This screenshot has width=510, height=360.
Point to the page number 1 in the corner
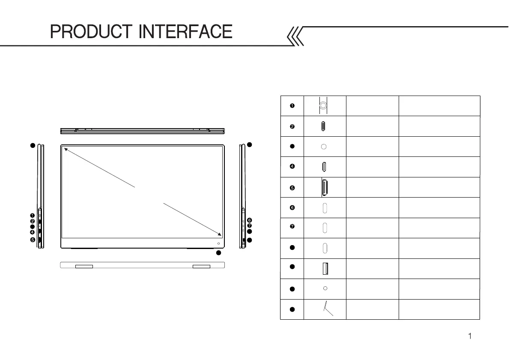point(470,336)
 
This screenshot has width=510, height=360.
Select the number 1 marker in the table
point(292,105)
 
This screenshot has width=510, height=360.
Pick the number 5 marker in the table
point(292,187)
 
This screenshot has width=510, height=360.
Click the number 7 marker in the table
point(292,228)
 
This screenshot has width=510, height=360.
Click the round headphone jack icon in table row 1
point(324,105)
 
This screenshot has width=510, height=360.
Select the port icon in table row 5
point(325,187)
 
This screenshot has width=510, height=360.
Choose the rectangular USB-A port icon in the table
point(325,269)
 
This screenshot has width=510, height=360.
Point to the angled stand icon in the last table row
point(328,309)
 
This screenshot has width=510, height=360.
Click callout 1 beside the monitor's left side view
point(33,215)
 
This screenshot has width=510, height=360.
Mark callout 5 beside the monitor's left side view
point(33,240)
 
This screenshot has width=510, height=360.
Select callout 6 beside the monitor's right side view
point(250,220)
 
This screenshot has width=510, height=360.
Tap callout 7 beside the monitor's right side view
point(250,225)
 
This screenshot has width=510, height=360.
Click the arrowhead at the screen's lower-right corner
point(220,235)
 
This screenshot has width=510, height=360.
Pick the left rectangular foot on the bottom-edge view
point(84,267)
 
